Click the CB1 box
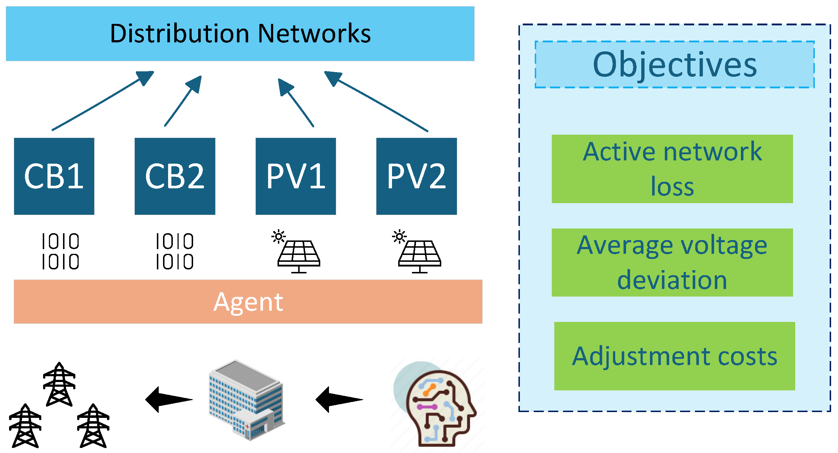54,176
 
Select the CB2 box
175,176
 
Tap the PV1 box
296,176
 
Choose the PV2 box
416,176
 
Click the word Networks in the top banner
314,33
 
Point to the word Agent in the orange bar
248,302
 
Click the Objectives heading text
675,64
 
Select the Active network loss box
672,169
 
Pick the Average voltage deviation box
672,263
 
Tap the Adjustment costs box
674,356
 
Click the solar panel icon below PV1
299,255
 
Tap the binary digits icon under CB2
175,251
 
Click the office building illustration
246,400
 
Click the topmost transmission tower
59,384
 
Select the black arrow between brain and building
338,399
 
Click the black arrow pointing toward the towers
168,399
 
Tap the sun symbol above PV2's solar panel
399,237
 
